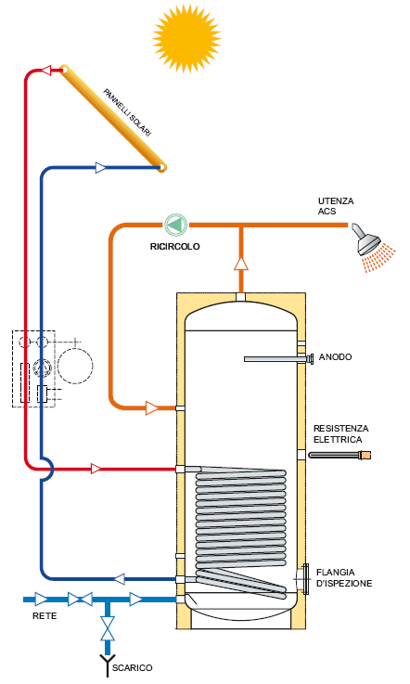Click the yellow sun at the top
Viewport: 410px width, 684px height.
pyautogui.click(x=189, y=36)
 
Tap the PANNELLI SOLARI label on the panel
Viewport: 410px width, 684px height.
pyautogui.click(x=127, y=113)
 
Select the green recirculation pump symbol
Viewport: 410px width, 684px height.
pyautogui.click(x=175, y=225)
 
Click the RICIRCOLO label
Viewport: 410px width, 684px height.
pyautogui.click(x=175, y=247)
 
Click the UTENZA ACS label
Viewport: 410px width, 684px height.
pyautogui.click(x=335, y=206)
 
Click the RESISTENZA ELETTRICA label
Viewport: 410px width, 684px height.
pyautogui.click(x=340, y=433)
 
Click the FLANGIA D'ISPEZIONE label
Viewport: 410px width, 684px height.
pyautogui.click(x=344, y=577)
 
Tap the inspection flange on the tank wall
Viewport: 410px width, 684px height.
pyautogui.click(x=304, y=579)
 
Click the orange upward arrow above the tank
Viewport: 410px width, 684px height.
pyautogui.click(x=241, y=263)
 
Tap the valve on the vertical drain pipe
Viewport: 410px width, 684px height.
pyautogui.click(x=109, y=629)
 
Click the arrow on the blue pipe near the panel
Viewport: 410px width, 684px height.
pyautogui.click(x=101, y=168)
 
